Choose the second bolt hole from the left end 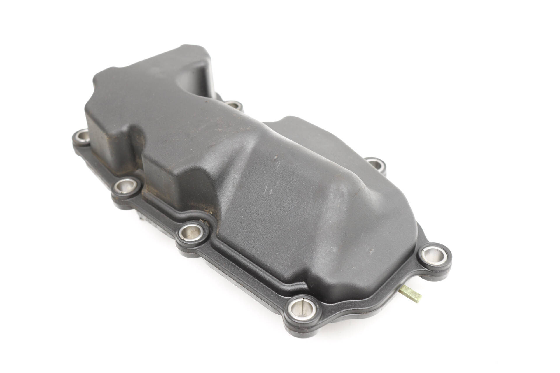coord(127,185)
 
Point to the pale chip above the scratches coord(276,157)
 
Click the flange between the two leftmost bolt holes coord(99,163)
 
